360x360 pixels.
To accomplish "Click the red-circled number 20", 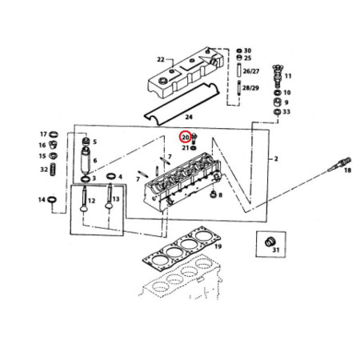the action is point(186,138).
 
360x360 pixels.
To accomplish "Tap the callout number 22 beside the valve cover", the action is point(161,59).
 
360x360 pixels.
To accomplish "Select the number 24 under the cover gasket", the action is point(189,117).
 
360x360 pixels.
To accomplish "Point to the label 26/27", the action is point(251,71).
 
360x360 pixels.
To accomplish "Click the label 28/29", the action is point(250,88).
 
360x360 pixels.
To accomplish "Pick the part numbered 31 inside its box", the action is point(270,242).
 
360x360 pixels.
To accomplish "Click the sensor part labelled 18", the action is point(339,165).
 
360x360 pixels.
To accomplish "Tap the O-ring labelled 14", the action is point(52,200).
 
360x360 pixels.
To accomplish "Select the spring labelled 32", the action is point(53,169).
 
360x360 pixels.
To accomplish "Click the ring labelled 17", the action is point(54,134).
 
